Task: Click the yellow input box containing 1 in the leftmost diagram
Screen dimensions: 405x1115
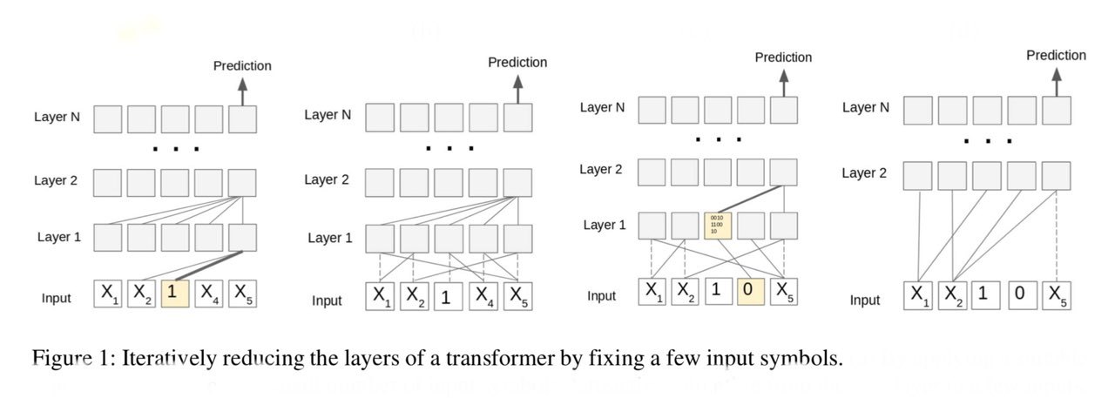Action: click(x=175, y=293)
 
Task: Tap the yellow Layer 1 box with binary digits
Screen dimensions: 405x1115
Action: click(x=719, y=225)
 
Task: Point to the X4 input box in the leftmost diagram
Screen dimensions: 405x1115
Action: click(x=209, y=293)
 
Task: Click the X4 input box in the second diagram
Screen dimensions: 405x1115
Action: click(x=483, y=297)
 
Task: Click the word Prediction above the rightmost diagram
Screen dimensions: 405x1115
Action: click(x=1056, y=56)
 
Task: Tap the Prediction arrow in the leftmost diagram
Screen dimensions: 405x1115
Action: click(x=242, y=91)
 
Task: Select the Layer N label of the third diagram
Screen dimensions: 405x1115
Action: click(x=603, y=107)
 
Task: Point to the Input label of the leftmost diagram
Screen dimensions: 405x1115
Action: click(x=57, y=299)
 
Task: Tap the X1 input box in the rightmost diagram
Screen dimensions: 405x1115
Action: click(x=918, y=295)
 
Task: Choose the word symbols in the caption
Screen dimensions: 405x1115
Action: click(x=812, y=359)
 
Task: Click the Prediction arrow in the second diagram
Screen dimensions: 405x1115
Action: click(x=517, y=91)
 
